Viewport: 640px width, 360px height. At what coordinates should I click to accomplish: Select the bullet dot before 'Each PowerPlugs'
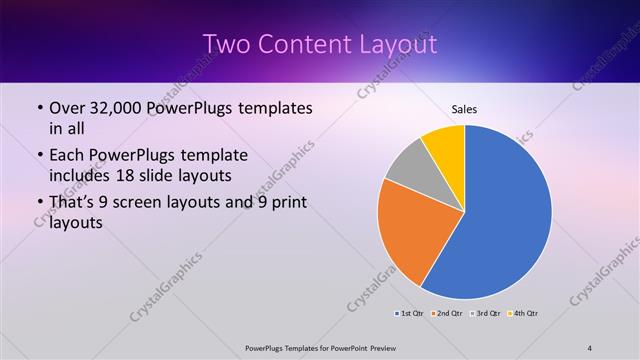point(38,157)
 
